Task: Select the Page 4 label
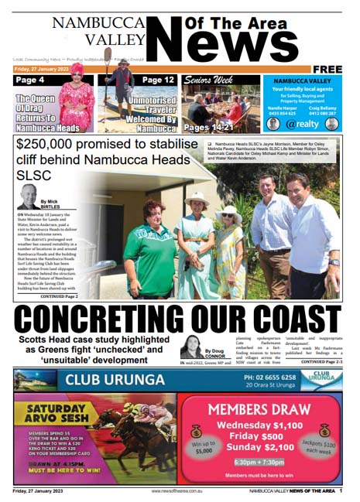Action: [x=30, y=80]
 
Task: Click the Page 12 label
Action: [x=158, y=80]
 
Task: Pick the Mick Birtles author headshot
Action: [x=29, y=196]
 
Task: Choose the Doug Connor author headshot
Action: [x=193, y=347]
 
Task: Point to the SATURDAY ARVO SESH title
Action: [x=56, y=415]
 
